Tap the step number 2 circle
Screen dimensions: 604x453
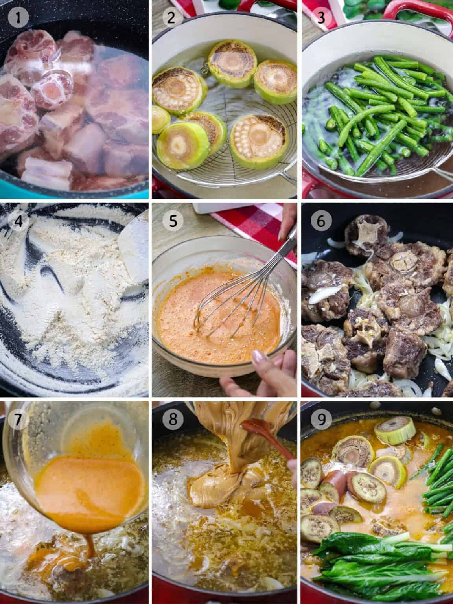[x=170, y=18]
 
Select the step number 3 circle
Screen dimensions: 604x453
[x=321, y=18]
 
